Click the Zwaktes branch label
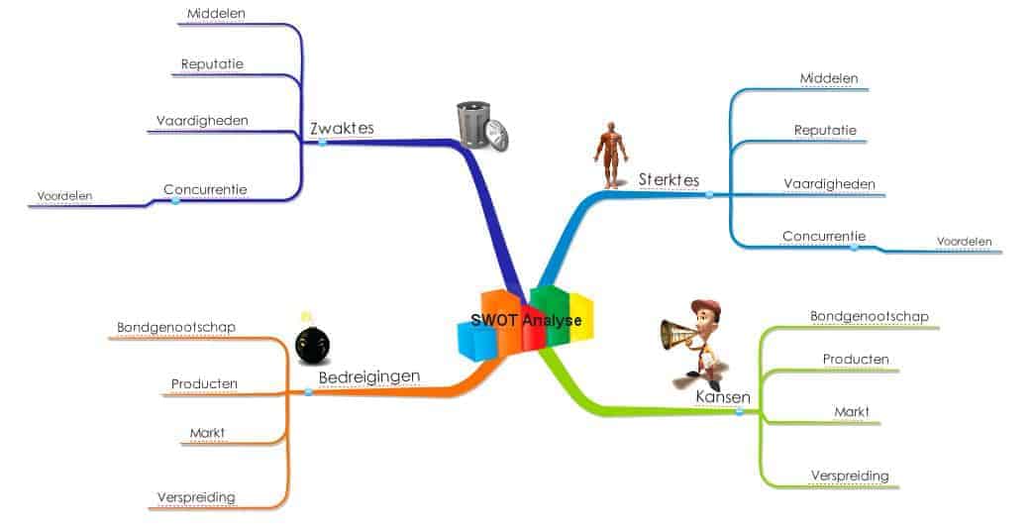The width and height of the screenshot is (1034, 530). pyautogui.click(x=342, y=129)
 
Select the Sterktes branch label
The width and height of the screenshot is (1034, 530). pyautogui.click(x=669, y=180)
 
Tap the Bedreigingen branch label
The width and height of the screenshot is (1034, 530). pyautogui.click(x=368, y=376)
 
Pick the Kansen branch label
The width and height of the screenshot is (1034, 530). pyautogui.click(x=722, y=396)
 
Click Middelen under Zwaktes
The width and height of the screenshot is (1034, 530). pyautogui.click(x=217, y=14)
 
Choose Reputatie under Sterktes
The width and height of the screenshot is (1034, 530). pyautogui.click(x=825, y=130)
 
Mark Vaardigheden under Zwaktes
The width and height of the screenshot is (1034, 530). pyautogui.click(x=201, y=121)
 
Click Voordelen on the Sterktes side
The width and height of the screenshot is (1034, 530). pyautogui.click(x=964, y=241)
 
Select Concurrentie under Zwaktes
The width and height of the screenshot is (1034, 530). pyautogui.click(x=205, y=189)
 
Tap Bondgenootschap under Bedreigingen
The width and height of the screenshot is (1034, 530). pyautogui.click(x=175, y=326)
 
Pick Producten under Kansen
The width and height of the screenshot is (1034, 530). pyautogui.click(x=856, y=359)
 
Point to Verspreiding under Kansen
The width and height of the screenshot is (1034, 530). pyautogui.click(x=849, y=476)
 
